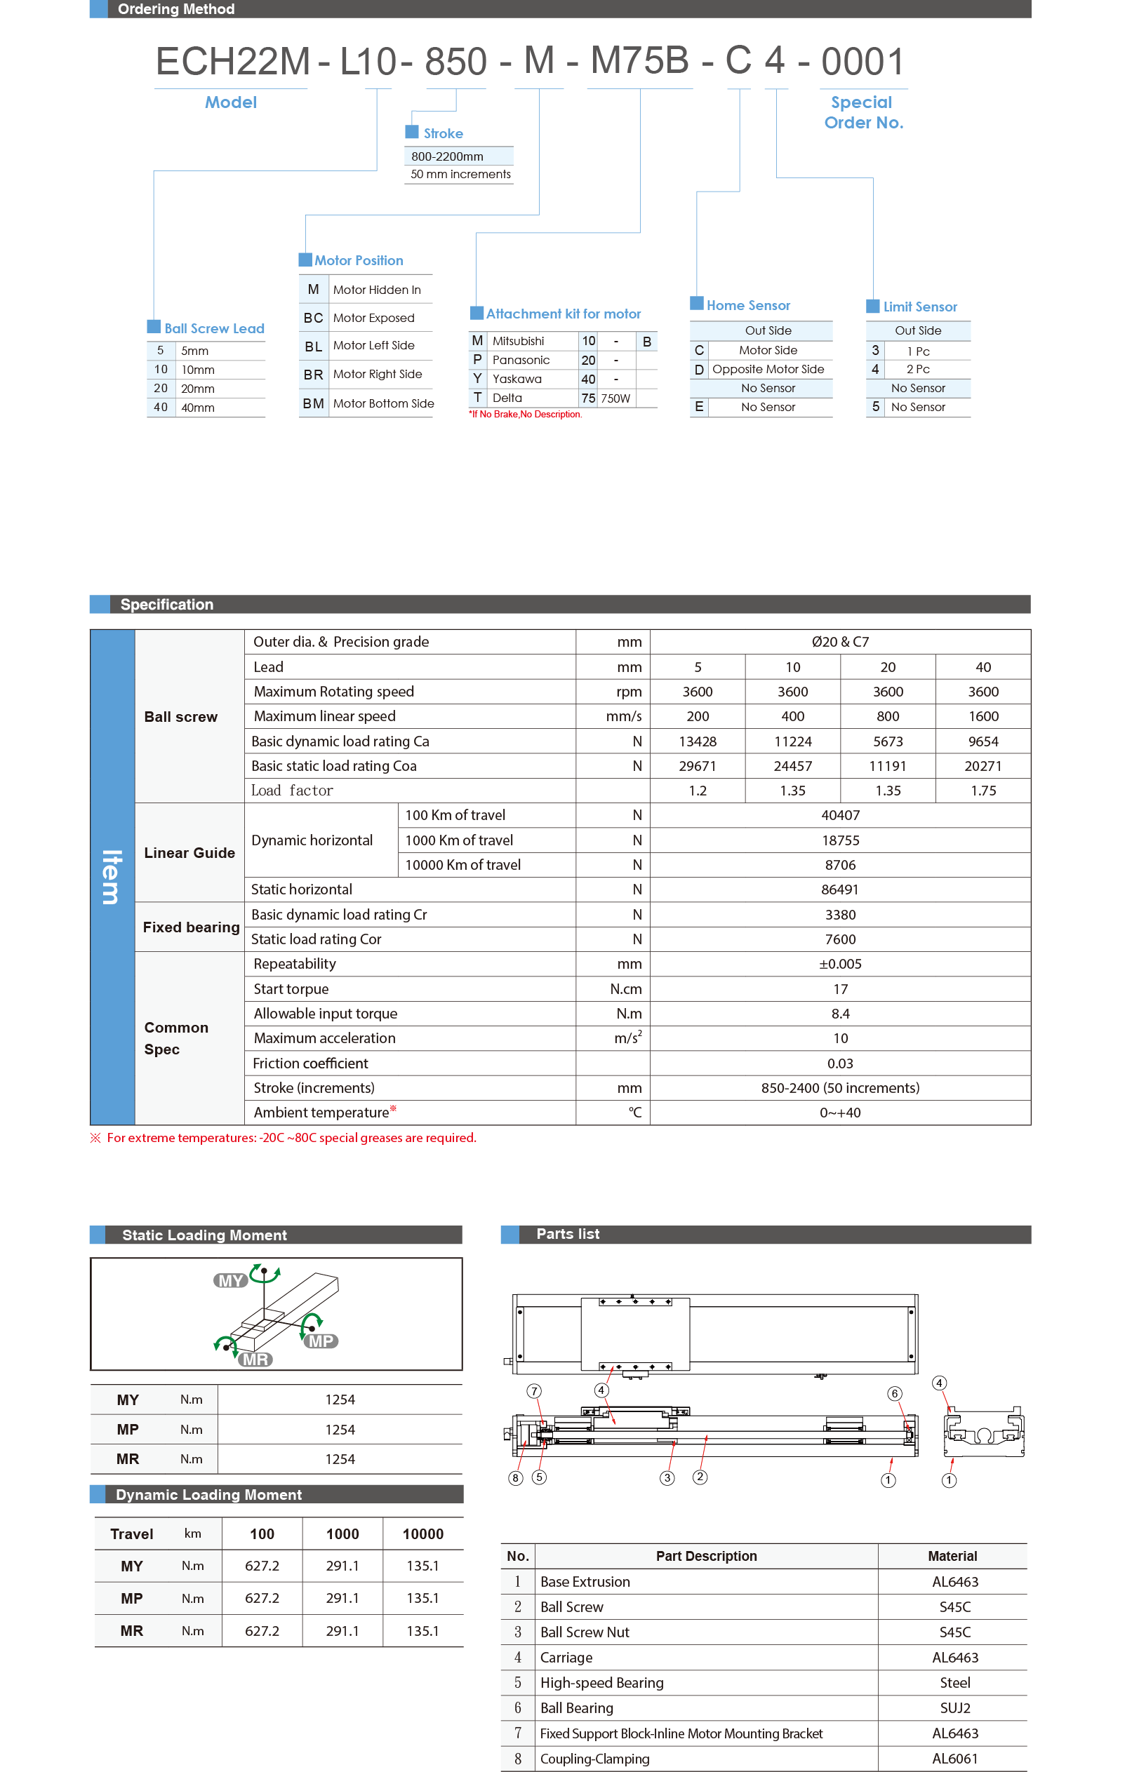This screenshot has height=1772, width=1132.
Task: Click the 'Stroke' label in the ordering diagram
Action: coord(442,133)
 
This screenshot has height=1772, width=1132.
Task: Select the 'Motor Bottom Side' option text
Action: coord(382,403)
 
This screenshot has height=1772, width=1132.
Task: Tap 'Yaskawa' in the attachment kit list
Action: coord(517,379)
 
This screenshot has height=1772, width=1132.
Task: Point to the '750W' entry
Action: coord(615,398)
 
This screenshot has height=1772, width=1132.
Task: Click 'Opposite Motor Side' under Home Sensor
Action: coord(768,370)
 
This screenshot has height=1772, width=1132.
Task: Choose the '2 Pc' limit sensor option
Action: coord(918,370)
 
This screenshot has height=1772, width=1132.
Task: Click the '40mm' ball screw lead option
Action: coord(198,408)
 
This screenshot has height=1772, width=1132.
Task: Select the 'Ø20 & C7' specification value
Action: coord(840,642)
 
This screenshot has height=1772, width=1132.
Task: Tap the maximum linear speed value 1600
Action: coord(983,716)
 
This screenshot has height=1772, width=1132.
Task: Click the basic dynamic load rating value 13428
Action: coord(697,741)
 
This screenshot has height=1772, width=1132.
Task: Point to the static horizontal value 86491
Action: coord(840,890)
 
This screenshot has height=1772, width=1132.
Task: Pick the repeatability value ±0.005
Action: coord(840,964)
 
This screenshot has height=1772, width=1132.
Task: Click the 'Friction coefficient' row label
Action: coord(310,1063)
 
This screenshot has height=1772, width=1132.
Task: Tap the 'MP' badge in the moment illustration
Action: coord(320,1341)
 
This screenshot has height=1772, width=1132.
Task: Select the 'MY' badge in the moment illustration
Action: coord(230,1281)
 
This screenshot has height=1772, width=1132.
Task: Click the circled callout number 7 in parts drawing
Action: coord(534,1391)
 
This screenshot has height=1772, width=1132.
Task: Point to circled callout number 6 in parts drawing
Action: coord(894,1393)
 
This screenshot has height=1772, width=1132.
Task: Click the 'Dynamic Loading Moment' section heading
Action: coord(208,1495)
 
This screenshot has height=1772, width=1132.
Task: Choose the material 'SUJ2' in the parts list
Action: coord(954,1708)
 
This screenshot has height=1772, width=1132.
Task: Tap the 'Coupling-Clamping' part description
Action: coord(594,1759)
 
